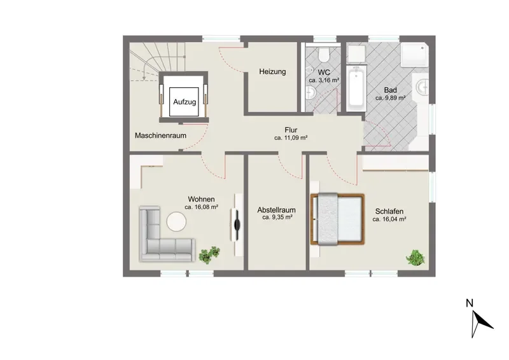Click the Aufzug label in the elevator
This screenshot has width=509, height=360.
pyautogui.click(x=185, y=102)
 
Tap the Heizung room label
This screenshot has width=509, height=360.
pyautogui.click(x=272, y=71)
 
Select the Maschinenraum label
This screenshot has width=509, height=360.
pyautogui.click(x=161, y=135)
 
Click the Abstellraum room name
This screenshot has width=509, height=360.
pyautogui.click(x=277, y=210)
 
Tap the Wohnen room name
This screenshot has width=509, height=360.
pyautogui.click(x=201, y=199)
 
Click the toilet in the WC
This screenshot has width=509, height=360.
pyautogui.click(x=324, y=54)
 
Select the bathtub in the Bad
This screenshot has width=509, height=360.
pyautogui.click(x=356, y=88)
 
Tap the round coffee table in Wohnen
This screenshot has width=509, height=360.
pyautogui.click(x=176, y=221)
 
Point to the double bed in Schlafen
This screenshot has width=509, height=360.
pyautogui.click(x=337, y=219)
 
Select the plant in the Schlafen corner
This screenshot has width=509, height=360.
pyautogui.click(x=415, y=258)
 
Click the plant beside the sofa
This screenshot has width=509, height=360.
pyautogui.click(x=209, y=254)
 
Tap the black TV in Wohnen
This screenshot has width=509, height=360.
pyautogui.click(x=237, y=222)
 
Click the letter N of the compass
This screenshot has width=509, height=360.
pyautogui.click(x=470, y=303)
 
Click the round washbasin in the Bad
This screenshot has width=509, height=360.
pyautogui.click(x=423, y=87)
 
